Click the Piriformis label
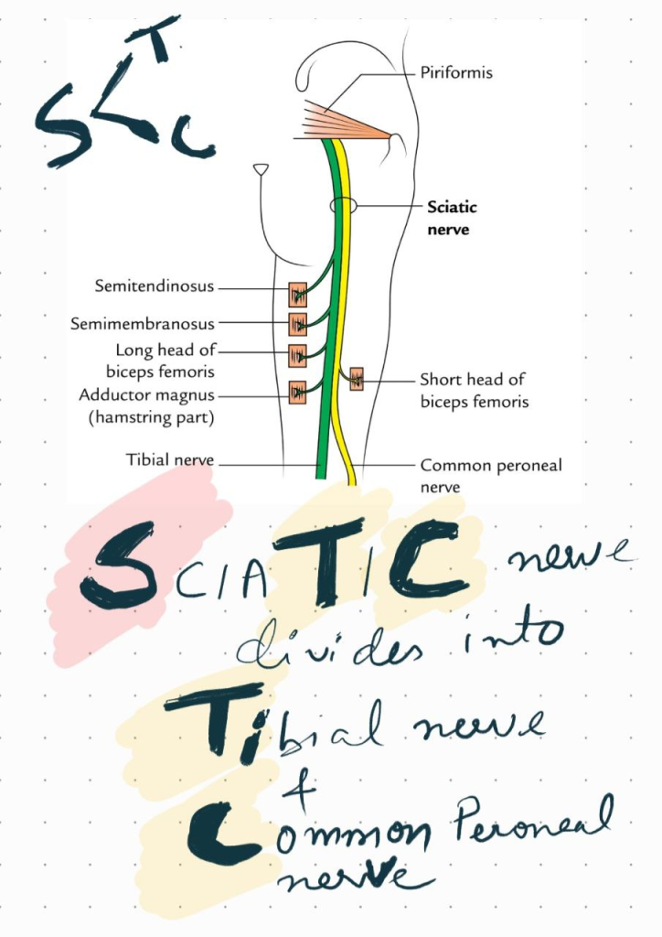(455, 72)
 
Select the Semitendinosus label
(155, 286)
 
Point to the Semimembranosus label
(144, 324)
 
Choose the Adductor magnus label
(146, 405)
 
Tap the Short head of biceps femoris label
(474, 390)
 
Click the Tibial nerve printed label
(170, 459)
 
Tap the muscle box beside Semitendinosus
(298, 295)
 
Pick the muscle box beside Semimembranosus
(298, 324)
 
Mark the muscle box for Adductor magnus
(298, 393)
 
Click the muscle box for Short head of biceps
(355, 378)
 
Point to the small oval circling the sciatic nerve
(344, 205)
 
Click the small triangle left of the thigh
(262, 169)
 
